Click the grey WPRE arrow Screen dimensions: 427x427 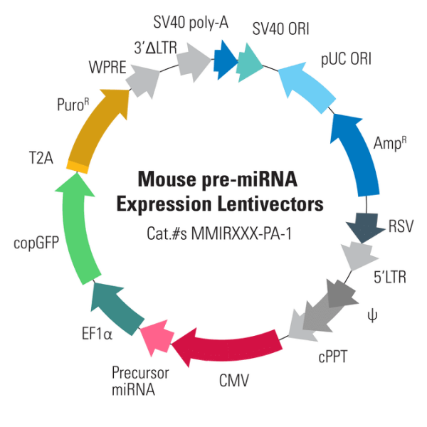point(142,83)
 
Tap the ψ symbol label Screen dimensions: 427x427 point(368,312)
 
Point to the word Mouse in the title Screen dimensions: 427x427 point(164,178)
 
